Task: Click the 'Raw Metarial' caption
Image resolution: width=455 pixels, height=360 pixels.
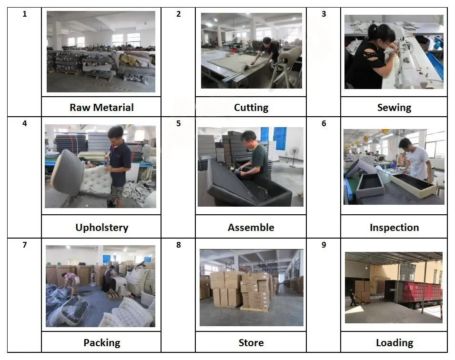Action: click(x=101, y=108)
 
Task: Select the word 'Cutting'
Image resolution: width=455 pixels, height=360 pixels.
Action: click(x=251, y=108)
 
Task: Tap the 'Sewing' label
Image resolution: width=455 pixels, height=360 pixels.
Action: click(x=394, y=108)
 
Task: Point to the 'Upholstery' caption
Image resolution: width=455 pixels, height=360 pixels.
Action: click(x=101, y=228)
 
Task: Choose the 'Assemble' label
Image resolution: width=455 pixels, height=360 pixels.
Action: click(x=251, y=228)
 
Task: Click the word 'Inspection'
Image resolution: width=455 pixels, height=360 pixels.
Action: click(x=394, y=228)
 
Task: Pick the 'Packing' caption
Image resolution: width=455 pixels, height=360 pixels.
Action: click(x=101, y=343)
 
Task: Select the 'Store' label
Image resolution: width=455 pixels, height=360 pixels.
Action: click(x=251, y=343)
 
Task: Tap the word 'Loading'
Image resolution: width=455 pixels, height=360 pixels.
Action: click(x=394, y=343)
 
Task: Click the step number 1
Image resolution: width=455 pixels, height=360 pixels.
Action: click(x=25, y=14)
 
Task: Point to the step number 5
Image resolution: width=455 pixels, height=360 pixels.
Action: click(x=179, y=124)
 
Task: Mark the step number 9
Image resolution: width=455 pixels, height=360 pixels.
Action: click(x=324, y=245)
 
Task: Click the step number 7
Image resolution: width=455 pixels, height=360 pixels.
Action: click(x=25, y=245)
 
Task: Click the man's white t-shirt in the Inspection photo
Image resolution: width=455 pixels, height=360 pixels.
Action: click(x=418, y=162)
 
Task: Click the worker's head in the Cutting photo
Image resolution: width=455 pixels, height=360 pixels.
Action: click(x=267, y=42)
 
